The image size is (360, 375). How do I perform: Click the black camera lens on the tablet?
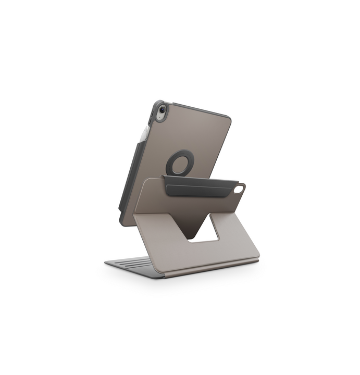point(162,110)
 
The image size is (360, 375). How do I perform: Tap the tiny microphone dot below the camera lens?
point(161,119)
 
